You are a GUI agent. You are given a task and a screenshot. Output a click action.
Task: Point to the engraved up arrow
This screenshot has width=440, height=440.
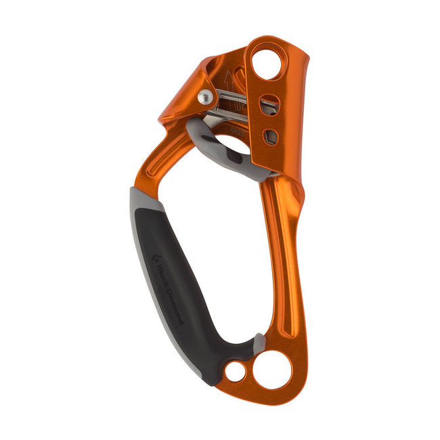(227, 84)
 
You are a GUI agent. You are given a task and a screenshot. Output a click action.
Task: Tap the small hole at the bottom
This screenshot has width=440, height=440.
(236, 371)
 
